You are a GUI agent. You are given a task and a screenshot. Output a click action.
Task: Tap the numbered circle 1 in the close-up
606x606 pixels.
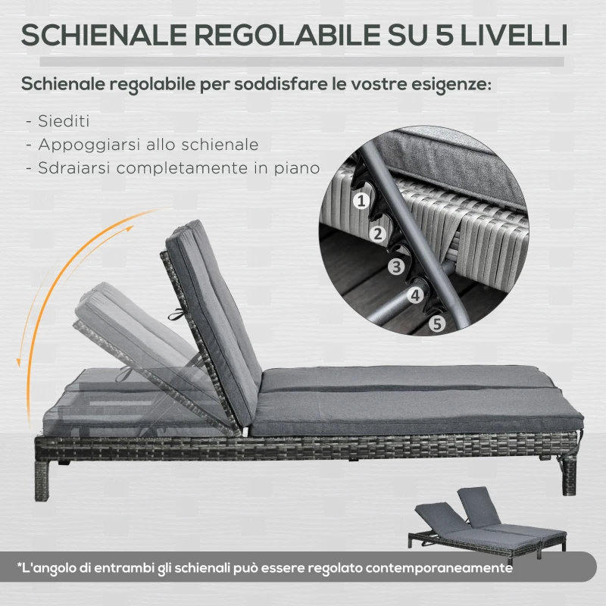click(x=362, y=200)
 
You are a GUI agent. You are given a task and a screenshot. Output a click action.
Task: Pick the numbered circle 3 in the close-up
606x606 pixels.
click(x=395, y=266)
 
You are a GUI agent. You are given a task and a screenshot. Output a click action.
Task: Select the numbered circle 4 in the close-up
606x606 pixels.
click(x=415, y=295)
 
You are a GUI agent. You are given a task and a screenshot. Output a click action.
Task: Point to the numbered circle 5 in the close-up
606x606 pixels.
click(x=436, y=324)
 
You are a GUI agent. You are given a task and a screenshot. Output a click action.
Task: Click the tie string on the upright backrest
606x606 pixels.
click(x=173, y=317)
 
